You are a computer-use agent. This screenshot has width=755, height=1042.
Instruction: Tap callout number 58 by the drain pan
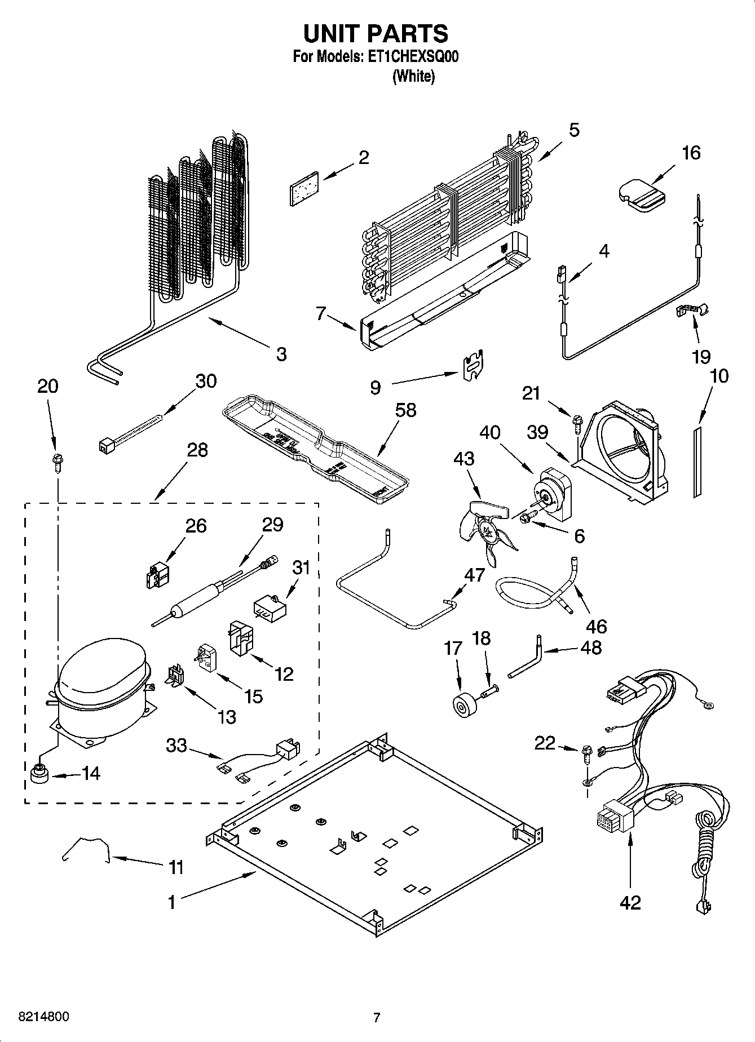(405, 410)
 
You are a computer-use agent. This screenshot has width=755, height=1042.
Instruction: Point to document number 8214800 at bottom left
(45, 1017)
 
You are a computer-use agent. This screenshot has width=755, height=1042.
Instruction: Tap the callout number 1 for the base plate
(171, 902)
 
